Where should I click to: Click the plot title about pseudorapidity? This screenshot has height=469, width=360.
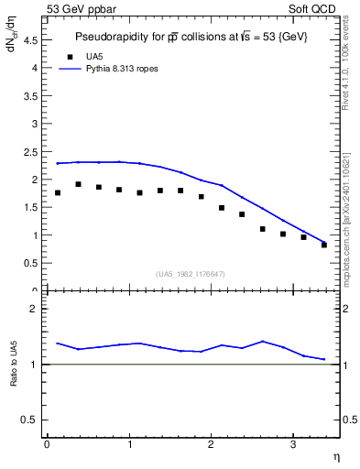[191, 37]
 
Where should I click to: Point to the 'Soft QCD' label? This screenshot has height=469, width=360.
[314, 9]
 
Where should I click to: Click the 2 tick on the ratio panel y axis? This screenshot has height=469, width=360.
[38, 309]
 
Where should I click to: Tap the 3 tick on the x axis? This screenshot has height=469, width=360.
[292, 444]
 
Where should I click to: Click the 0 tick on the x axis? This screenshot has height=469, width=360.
[47, 444]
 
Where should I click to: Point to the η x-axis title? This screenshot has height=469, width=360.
[335, 456]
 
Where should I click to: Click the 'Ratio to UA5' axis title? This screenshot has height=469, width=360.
[15, 376]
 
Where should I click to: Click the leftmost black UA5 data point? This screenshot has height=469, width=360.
[58, 192]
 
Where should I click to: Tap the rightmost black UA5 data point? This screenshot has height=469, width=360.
[324, 245]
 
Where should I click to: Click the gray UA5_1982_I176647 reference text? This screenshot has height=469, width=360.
[191, 274]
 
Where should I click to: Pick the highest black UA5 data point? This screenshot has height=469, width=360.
[78, 184]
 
